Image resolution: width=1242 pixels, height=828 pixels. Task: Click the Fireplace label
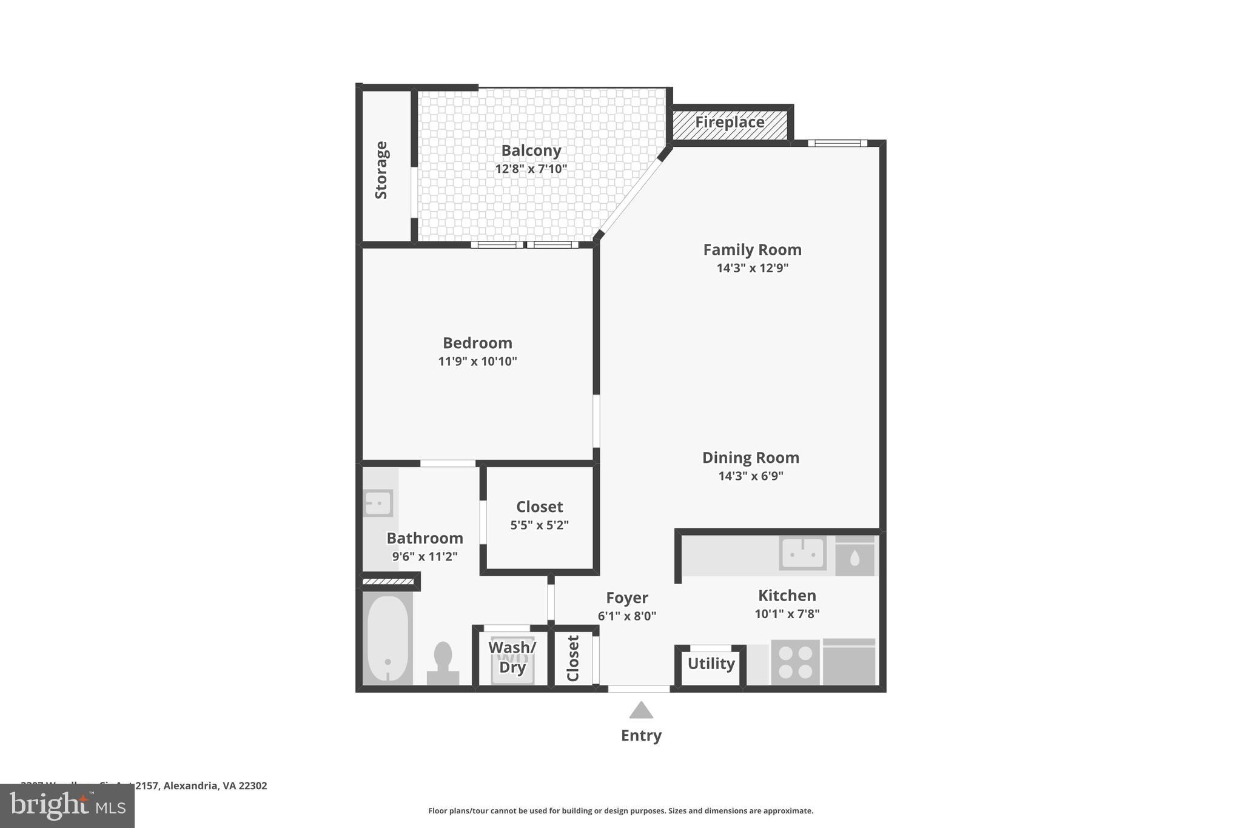point(729,122)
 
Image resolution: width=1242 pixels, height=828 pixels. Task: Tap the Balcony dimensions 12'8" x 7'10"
point(531,169)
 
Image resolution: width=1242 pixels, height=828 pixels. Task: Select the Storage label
point(381,170)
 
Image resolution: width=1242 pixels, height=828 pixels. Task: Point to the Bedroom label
point(477,343)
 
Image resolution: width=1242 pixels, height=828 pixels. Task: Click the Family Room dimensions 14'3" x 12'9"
point(752,268)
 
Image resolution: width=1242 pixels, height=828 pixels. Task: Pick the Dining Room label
point(751,457)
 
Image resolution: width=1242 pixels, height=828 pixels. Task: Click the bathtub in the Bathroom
point(388,639)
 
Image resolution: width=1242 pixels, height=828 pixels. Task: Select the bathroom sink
point(378,503)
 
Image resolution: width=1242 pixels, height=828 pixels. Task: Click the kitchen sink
point(802,553)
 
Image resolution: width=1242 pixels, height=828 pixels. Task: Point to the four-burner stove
point(795,662)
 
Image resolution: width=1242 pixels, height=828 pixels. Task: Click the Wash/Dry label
point(512,657)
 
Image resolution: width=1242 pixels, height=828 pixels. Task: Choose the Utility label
point(711,664)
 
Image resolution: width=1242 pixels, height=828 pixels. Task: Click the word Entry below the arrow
point(641,735)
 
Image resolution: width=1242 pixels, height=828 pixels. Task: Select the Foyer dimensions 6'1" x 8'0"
point(626,616)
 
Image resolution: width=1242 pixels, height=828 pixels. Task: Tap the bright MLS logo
point(67,806)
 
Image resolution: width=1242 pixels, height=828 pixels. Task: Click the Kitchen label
point(787,595)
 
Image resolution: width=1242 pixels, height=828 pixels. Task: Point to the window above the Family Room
point(838,144)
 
